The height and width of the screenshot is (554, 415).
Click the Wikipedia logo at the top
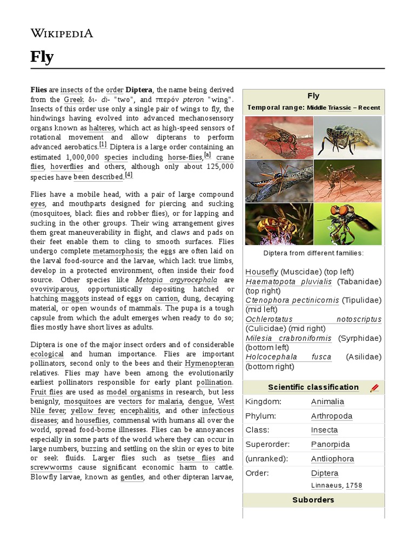62,33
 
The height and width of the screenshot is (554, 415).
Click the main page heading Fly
42,57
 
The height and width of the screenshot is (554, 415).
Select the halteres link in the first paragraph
102,128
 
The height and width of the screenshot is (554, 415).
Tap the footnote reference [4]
129,175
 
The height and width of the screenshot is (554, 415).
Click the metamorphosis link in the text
117,251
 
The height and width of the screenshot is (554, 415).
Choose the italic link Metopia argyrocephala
177,280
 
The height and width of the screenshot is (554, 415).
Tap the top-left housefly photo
279,137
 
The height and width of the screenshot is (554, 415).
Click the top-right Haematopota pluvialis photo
347,137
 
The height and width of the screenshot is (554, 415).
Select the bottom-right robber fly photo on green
347,224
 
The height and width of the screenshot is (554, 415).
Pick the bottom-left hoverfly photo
279,224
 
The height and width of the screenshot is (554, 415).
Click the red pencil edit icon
374,388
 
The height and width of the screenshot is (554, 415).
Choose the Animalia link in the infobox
327,402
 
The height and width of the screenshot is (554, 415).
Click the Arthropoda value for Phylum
332,416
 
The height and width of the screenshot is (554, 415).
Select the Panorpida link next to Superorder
331,445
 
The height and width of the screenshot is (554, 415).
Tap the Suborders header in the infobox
313,500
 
